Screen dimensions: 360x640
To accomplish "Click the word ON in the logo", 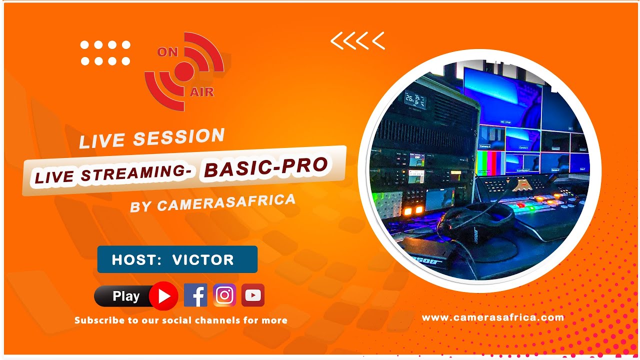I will tap(167, 52).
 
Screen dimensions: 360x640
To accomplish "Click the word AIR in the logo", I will tap(202, 92).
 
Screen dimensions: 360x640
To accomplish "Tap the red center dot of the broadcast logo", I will tap(183, 71).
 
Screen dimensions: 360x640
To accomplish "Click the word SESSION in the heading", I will tap(179, 137).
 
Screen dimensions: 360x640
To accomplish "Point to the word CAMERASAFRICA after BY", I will tap(226, 201).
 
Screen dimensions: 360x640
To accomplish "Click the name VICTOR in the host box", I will tap(203, 259).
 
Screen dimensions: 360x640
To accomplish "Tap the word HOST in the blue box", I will tap(133, 259).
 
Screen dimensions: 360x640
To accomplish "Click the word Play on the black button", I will tap(126, 296).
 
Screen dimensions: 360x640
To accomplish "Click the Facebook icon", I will tap(195, 295).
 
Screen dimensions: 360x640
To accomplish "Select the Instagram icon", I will tap(224, 295).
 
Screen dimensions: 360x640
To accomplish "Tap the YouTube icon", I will tap(253, 295).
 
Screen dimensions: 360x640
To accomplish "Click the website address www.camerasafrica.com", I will tap(492, 317).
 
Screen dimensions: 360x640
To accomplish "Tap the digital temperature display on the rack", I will tap(415, 100).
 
